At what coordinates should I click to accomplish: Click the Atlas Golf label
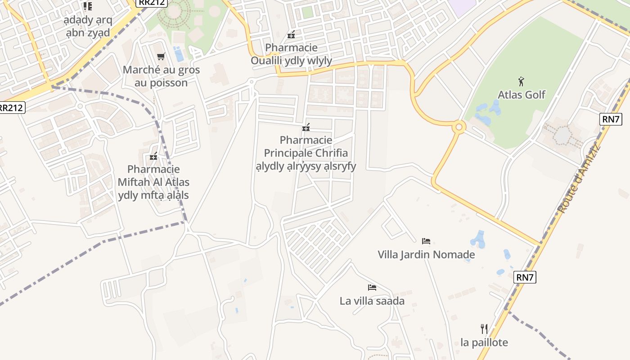pyautogui.click(x=521, y=94)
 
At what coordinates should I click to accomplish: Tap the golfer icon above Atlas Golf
pyautogui.click(x=521, y=81)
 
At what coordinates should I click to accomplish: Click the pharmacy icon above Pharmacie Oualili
pyautogui.click(x=291, y=34)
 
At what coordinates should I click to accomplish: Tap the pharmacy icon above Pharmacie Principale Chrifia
pyautogui.click(x=306, y=128)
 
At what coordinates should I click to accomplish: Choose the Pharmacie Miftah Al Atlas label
pyautogui.click(x=153, y=182)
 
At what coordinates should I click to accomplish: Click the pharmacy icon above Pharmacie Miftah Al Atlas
pyautogui.click(x=153, y=157)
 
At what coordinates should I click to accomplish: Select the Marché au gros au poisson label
pyautogui.click(x=161, y=76)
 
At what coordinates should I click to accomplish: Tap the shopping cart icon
pyautogui.click(x=161, y=56)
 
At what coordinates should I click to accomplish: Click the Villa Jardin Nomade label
pyautogui.click(x=426, y=255)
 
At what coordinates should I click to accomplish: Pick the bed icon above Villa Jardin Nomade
pyautogui.click(x=426, y=241)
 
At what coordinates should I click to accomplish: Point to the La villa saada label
pyautogui.click(x=372, y=301)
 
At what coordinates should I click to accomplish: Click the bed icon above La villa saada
pyautogui.click(x=372, y=287)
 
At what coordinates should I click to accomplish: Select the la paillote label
pyautogui.click(x=484, y=342)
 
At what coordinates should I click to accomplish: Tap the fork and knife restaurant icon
pyautogui.click(x=484, y=328)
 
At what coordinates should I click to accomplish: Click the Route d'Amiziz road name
pyautogui.click(x=578, y=178)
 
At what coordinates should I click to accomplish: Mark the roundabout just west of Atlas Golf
pyautogui.click(x=459, y=127)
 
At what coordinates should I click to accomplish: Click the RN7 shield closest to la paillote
pyautogui.click(x=525, y=277)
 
